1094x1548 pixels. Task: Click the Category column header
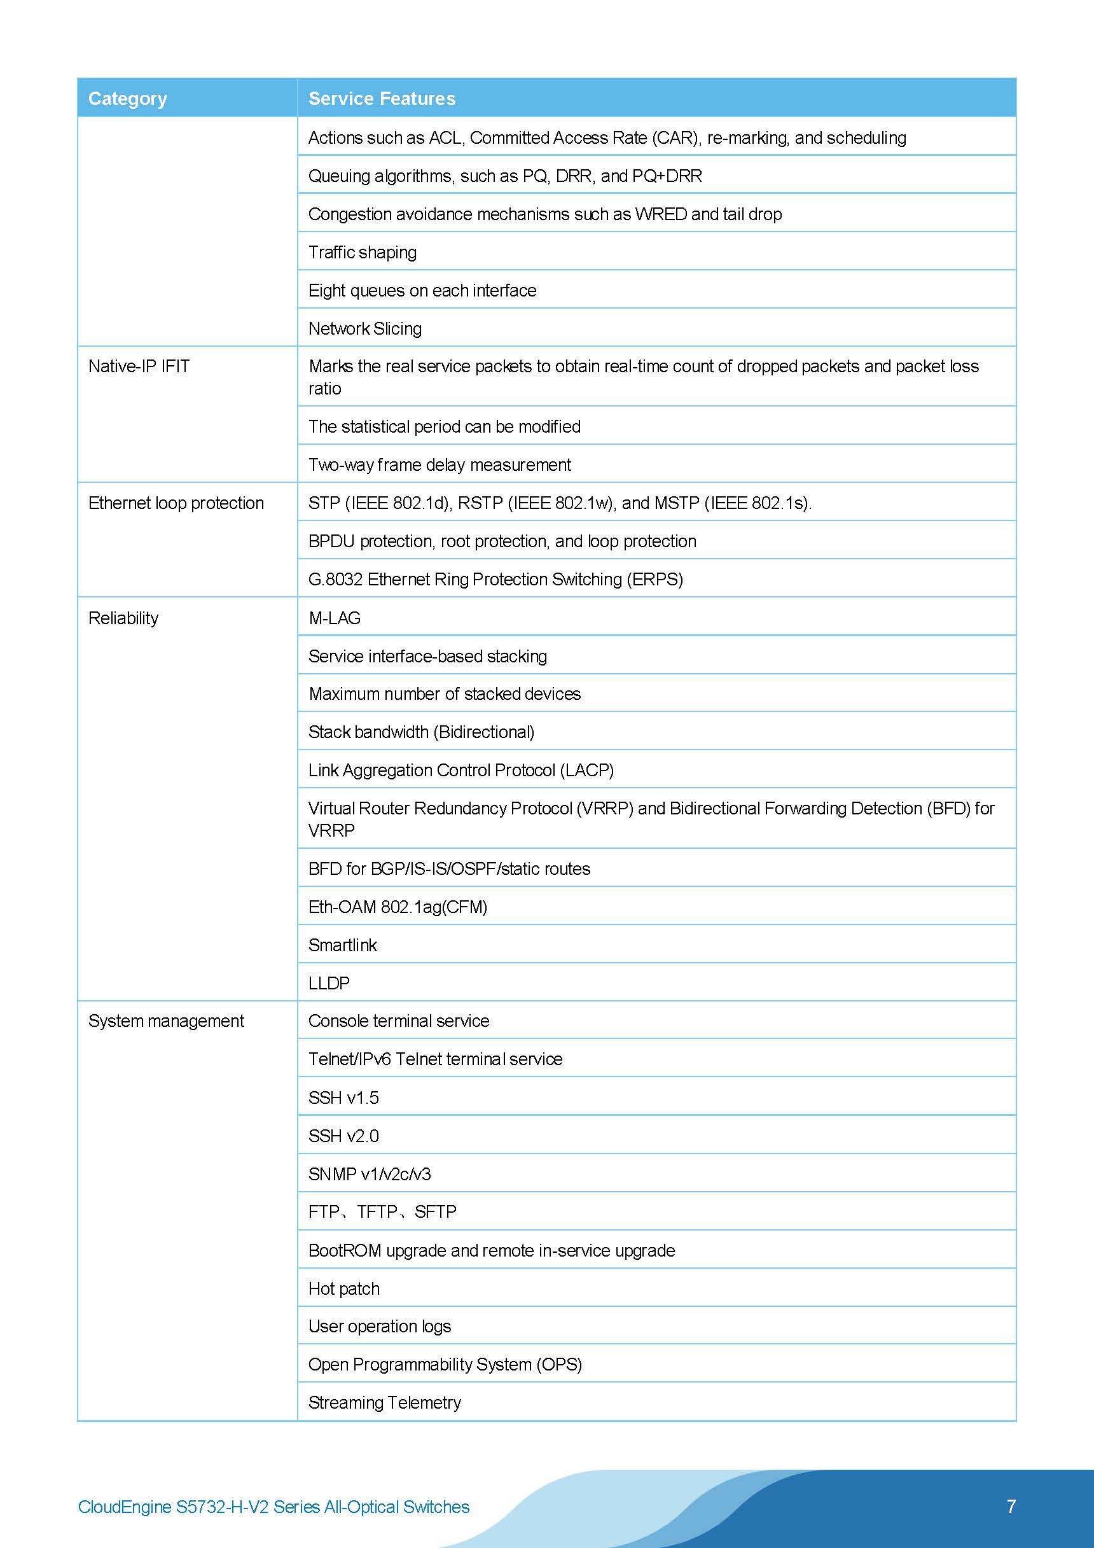pos(127,99)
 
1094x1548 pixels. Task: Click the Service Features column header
pos(382,99)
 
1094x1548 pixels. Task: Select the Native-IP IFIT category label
pos(139,366)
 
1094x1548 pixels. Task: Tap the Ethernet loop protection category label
pos(176,503)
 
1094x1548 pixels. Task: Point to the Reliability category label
pos(123,618)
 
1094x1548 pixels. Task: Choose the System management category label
pos(166,1021)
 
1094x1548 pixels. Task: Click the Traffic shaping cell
pos(362,252)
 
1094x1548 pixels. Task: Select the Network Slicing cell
pos(364,328)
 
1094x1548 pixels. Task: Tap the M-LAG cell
pos(335,618)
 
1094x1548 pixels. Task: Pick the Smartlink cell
pos(342,945)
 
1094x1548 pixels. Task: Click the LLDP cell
pos(329,983)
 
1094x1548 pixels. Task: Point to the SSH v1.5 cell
pos(343,1098)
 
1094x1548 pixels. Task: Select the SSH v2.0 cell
pos(343,1136)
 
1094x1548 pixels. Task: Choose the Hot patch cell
pos(343,1288)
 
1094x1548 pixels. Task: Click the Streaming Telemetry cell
pos(384,1402)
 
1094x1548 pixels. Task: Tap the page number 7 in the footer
pos(1011,1506)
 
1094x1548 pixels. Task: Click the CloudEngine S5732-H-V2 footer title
pos(273,1507)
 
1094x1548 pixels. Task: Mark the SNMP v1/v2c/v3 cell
pos(370,1174)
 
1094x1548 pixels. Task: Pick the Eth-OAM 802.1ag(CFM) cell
pos(398,907)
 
